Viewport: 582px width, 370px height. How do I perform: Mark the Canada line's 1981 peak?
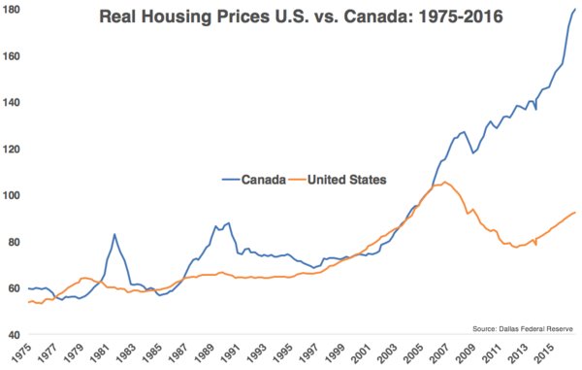pyautogui.click(x=114, y=234)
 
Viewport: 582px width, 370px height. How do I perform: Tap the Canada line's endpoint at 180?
pyautogui.click(x=575, y=10)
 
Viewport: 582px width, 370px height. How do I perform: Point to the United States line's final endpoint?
pyautogui.click(x=575, y=212)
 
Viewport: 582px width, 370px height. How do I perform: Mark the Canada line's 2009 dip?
pyautogui.click(x=472, y=153)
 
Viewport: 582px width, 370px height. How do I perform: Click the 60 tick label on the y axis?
pyautogui.click(x=14, y=288)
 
